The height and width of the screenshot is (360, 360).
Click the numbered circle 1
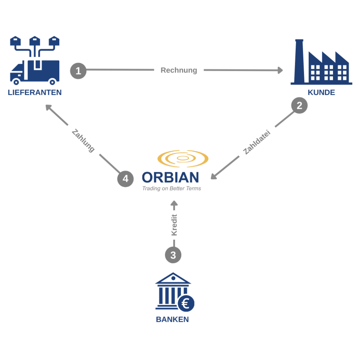point(78,71)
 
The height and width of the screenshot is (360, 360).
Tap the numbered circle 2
point(299,106)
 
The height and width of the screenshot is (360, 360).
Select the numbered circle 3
point(173,255)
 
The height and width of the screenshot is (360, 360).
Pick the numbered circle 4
point(125,179)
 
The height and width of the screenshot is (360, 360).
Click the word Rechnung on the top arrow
point(179,70)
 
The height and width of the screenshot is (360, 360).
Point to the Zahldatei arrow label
point(257,142)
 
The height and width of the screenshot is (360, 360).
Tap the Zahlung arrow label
point(83,141)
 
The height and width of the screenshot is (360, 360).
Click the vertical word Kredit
point(174,225)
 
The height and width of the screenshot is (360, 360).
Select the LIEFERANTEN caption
point(35,92)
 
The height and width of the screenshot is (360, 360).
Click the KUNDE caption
point(321,92)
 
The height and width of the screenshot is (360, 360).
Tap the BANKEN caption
point(172,319)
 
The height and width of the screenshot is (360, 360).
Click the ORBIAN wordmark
point(170,178)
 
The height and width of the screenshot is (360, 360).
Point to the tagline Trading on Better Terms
point(171,188)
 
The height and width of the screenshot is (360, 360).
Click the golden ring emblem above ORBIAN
point(183,158)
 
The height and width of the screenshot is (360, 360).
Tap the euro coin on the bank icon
point(186,303)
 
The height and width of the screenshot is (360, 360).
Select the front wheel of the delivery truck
point(16,82)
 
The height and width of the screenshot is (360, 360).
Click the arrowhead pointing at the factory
point(280,70)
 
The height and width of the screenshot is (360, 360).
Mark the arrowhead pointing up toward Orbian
point(174,203)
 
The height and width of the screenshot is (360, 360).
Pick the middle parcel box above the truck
point(35,41)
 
